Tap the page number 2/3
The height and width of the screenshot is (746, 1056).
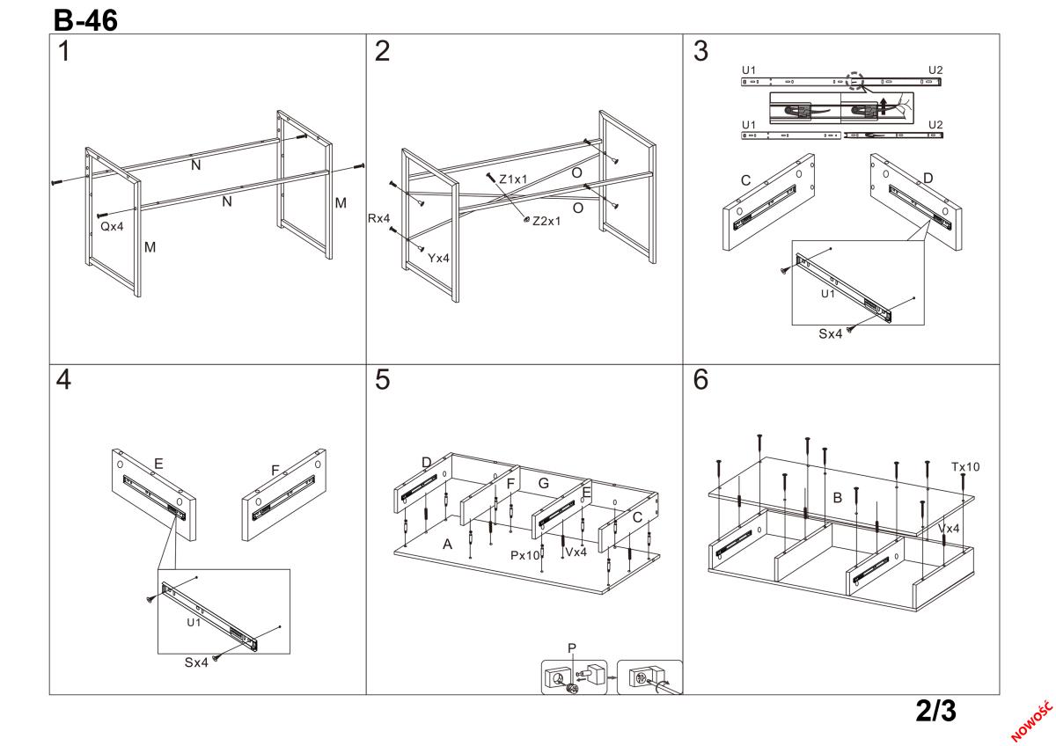click(x=935, y=712)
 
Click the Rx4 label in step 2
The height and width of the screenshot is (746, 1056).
click(x=379, y=217)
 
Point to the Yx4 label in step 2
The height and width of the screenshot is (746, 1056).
click(x=439, y=259)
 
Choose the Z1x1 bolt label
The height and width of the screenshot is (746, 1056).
click(x=513, y=179)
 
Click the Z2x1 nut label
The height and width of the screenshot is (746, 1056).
click(x=546, y=221)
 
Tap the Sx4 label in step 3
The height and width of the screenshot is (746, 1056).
click(x=831, y=333)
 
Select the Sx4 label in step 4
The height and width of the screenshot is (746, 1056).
click(x=195, y=662)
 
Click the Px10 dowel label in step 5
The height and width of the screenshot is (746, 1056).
click(x=524, y=555)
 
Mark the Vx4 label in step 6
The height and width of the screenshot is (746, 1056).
click(x=949, y=529)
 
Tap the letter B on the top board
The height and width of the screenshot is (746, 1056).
click(x=838, y=498)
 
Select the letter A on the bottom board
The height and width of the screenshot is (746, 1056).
click(x=447, y=545)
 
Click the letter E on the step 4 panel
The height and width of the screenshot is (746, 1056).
click(x=158, y=463)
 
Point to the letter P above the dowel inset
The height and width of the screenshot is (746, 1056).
click(x=572, y=648)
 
